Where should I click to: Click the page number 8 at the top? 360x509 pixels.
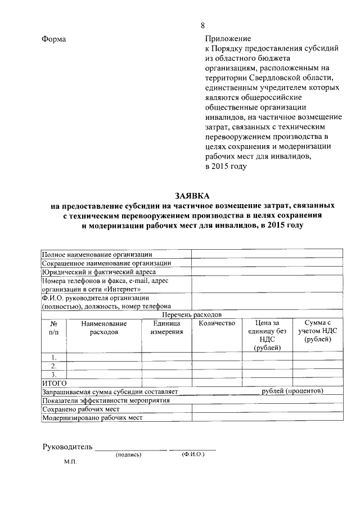click(x=202, y=25)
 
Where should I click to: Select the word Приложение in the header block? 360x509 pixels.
click(x=227, y=39)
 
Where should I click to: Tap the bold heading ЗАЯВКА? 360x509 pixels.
click(x=191, y=196)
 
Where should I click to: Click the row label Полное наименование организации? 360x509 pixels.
click(x=97, y=254)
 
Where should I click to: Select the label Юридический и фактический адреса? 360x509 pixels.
click(x=99, y=271)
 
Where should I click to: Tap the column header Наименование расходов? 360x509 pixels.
click(x=103, y=327)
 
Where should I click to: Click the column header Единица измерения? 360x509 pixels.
click(x=166, y=327)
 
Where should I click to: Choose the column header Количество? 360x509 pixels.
click(x=217, y=323)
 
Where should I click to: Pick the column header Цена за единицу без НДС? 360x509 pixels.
click(x=267, y=335)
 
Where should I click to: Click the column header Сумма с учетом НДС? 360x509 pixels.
click(x=318, y=331)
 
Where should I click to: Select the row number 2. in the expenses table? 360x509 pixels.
click(x=54, y=366)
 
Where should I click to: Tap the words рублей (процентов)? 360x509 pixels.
click(x=293, y=391)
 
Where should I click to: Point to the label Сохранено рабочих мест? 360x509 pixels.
click(x=81, y=409)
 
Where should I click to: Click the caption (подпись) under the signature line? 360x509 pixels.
click(x=128, y=454)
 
